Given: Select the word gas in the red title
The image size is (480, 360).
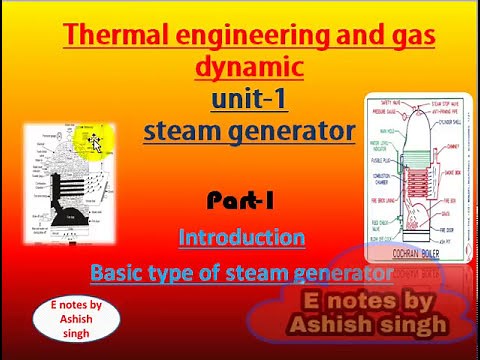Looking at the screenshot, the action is coord(409,37).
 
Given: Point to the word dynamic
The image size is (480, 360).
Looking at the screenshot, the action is coord(248,68).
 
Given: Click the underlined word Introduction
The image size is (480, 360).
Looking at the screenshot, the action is coord(241,238).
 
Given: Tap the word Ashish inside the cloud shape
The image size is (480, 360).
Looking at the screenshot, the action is coord(327,324).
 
